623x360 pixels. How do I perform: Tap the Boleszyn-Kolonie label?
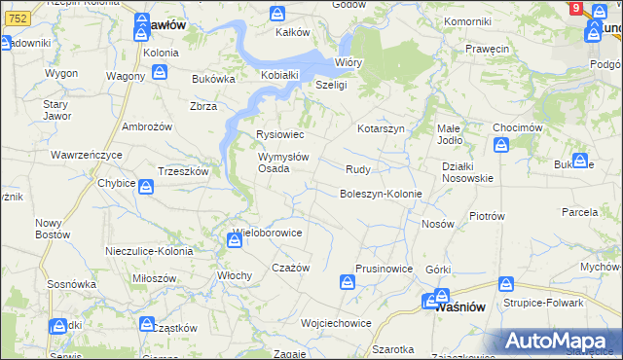381,194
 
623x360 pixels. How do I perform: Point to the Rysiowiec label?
279,134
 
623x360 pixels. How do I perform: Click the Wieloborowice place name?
268,234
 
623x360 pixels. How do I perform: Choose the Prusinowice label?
384,269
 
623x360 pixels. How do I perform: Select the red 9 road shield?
575,8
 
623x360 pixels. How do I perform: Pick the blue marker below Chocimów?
501,146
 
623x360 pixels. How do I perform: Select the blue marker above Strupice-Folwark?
505,284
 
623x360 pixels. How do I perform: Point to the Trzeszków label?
183,170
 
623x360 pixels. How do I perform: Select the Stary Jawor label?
55,108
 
